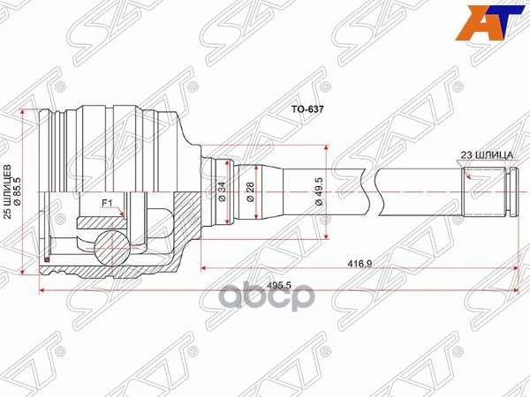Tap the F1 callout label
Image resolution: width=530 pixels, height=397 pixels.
point(107,204)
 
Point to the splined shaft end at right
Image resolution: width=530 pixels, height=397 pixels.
point(486,190)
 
